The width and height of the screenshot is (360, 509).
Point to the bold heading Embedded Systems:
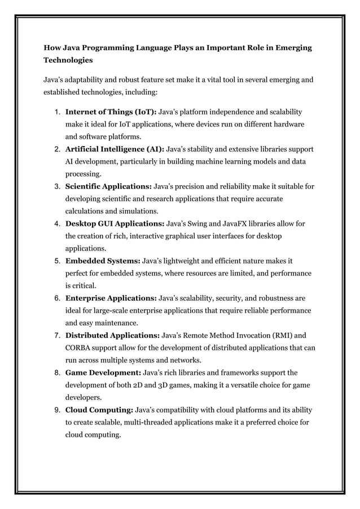102,261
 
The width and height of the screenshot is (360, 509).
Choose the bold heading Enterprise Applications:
111,298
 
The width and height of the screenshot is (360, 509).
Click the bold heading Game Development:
103,372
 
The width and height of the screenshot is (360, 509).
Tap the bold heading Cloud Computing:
99,410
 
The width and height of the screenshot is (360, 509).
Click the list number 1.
57,112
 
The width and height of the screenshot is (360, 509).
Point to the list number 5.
57,261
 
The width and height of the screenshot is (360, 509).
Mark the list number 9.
57,410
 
